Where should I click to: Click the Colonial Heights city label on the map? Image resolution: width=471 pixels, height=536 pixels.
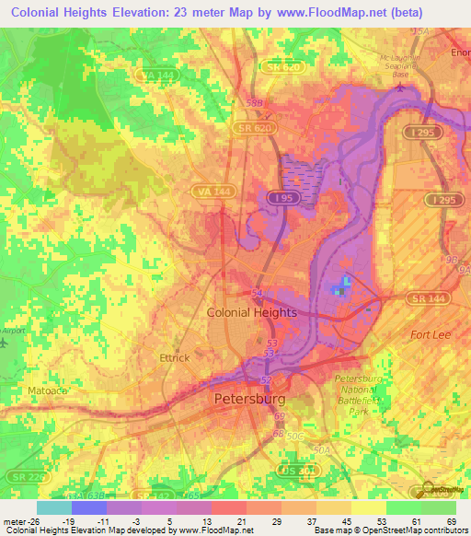tap(251, 312)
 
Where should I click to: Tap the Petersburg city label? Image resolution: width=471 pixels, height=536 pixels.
tap(249, 400)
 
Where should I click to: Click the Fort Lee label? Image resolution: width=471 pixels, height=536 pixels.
tap(431, 334)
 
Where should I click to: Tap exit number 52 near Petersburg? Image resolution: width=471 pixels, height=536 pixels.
tap(266, 380)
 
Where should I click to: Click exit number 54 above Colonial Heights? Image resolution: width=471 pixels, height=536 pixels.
tap(257, 292)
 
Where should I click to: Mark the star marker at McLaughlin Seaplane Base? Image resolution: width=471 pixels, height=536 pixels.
tap(401, 88)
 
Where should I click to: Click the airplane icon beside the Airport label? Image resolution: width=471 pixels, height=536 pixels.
tap(4, 343)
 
